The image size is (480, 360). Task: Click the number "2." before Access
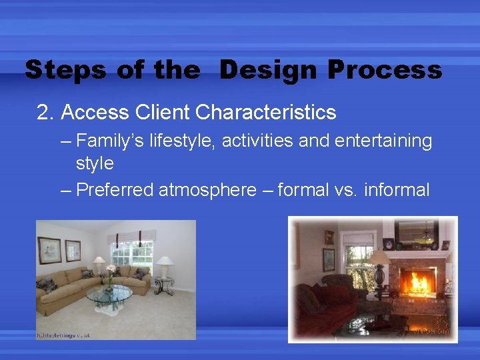coord(45,113)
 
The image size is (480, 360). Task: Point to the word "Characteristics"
coord(266,113)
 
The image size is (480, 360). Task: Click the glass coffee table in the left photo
coord(109,295)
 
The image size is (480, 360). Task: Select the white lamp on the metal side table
coord(163,265)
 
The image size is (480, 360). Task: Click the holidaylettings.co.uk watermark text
coord(63,335)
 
